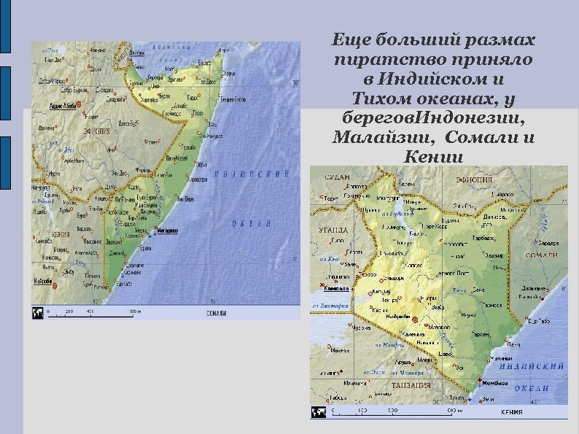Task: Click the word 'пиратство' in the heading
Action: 385,60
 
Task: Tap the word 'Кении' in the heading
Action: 433,155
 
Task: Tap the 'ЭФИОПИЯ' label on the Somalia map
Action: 97,131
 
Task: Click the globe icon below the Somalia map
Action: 37,312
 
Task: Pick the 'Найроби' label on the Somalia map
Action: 42,281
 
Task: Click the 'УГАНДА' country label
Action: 333,230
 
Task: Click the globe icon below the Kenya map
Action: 319,411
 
